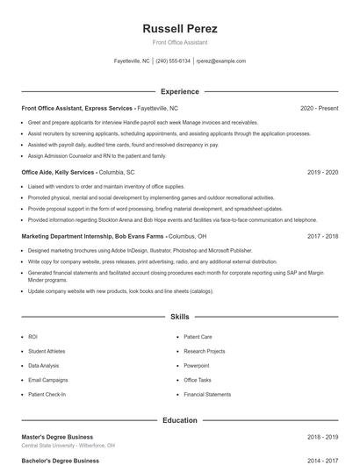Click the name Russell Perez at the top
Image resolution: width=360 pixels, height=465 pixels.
click(179, 29)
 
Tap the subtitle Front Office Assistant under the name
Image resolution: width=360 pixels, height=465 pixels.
click(179, 43)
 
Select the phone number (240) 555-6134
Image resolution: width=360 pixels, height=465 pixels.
click(173, 61)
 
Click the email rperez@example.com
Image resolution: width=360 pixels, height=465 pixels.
click(221, 61)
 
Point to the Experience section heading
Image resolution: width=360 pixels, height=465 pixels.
click(179, 91)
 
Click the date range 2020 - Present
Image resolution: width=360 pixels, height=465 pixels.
click(319, 108)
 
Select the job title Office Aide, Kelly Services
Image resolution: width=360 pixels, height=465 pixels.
click(58, 173)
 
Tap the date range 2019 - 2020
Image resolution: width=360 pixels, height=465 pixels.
click(322, 173)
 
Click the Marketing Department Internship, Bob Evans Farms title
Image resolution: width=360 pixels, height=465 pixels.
click(92, 237)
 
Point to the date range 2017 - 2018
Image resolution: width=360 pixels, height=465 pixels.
click(322, 237)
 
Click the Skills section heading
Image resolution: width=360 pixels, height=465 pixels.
click(179, 316)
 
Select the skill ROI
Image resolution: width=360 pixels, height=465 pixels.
click(32, 336)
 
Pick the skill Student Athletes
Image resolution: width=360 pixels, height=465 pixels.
click(47, 351)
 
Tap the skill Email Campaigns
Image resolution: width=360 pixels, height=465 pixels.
click(47, 380)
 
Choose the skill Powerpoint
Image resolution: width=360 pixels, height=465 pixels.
click(197, 365)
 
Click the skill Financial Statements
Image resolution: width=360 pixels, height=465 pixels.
click(207, 394)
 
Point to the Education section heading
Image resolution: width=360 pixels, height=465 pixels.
click(179, 420)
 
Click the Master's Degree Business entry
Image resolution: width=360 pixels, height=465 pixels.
click(57, 436)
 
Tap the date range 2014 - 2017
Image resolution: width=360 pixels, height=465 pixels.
click(322, 460)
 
